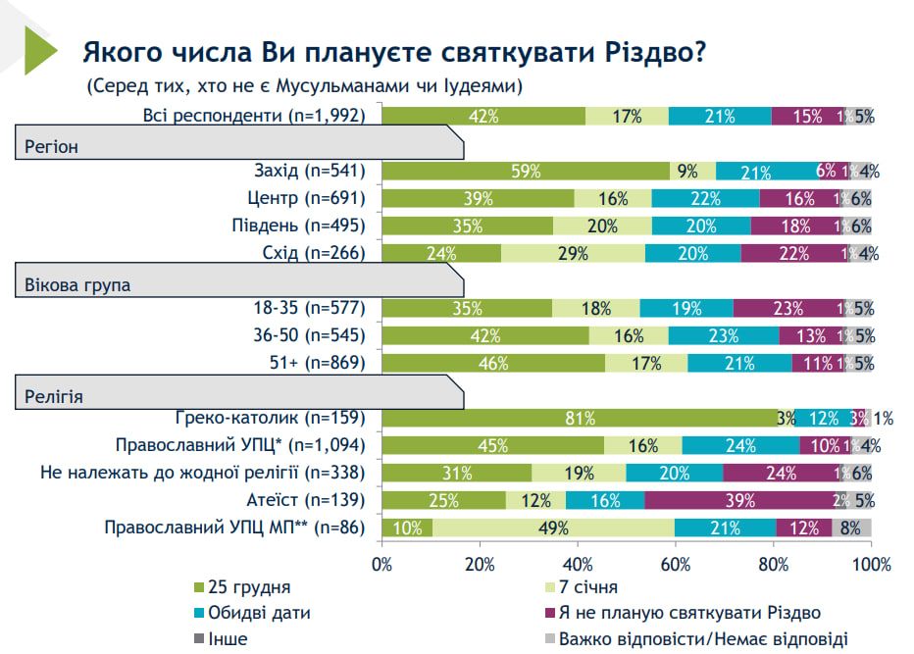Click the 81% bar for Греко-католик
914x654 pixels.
point(580,419)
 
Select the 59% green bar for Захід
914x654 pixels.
point(526,172)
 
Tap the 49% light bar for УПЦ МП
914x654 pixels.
point(553,528)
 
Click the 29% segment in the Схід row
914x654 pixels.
point(573,253)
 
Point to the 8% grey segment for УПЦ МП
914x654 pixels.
point(852,528)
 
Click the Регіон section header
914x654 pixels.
point(52,147)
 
